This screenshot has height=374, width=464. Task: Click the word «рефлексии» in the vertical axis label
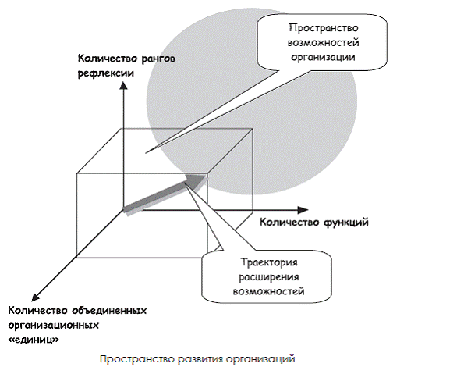coord(106,73)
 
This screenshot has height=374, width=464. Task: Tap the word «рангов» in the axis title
coord(158,59)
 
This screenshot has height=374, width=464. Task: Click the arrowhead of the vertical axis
coord(123,85)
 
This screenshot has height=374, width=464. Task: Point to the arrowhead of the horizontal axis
coord(303,210)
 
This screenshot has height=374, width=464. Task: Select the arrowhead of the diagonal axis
coord(35,297)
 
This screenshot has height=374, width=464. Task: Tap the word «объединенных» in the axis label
coord(109,311)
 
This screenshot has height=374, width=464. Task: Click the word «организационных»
coord(53,326)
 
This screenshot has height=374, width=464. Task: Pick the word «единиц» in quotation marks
coord(34,340)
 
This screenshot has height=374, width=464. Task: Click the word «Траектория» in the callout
coord(269,262)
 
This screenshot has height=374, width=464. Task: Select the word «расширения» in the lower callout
coord(269,277)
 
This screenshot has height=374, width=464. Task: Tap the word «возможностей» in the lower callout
coord(269,291)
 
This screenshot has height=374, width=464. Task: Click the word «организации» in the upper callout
coord(323,57)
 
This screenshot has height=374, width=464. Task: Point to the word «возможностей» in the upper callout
coord(323,42)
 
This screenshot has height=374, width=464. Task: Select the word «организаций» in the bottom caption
coord(261,359)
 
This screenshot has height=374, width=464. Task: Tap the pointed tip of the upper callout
coord(146,153)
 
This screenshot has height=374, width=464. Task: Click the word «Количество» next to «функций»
coord(290,223)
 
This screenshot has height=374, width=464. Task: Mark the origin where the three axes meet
coord(123,210)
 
